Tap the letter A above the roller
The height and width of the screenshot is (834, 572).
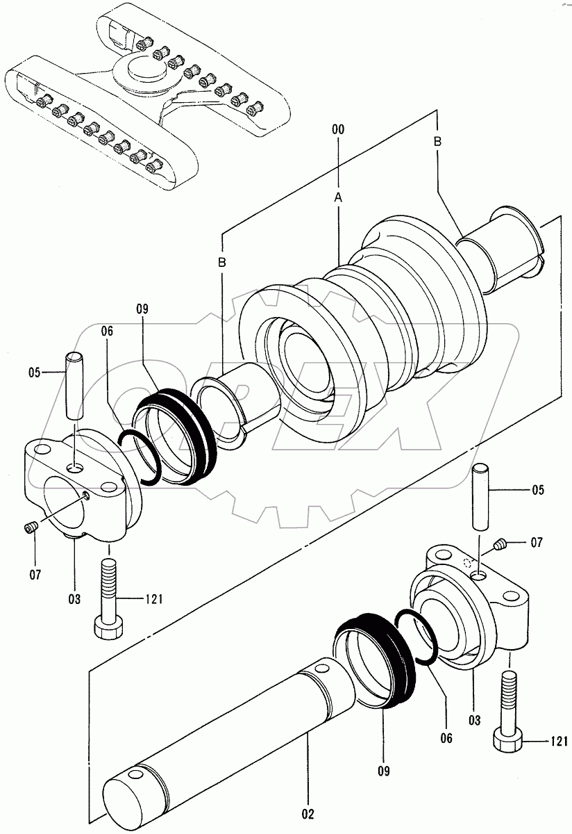pos(338,198)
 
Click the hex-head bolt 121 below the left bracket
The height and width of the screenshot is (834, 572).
pos(109,598)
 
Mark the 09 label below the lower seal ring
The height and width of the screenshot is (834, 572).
pos(384,771)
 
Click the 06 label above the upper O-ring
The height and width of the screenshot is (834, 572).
pos(106,332)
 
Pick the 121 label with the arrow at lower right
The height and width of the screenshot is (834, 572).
pos(560,741)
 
